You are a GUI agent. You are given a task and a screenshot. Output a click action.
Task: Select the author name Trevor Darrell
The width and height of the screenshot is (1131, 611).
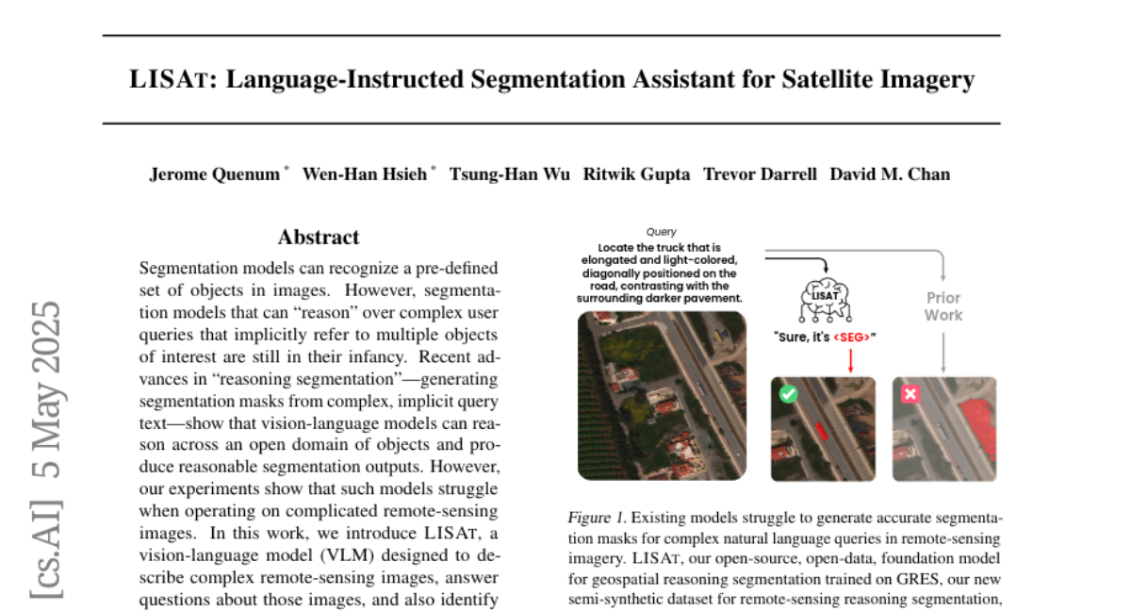(761, 174)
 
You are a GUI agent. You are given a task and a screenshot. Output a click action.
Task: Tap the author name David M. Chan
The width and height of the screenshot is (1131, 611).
(890, 174)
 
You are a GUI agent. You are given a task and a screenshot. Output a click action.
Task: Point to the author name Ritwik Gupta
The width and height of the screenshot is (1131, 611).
(637, 174)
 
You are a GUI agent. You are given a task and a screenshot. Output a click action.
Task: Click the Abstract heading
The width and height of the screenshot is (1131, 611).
(319, 238)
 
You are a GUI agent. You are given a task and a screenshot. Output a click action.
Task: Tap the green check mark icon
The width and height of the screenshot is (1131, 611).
(788, 395)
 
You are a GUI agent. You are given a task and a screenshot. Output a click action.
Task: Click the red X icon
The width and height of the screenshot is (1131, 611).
(910, 395)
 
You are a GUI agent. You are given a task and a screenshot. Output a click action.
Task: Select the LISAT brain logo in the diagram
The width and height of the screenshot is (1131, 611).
(823, 296)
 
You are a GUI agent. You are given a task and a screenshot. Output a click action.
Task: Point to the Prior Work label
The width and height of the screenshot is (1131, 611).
(942, 305)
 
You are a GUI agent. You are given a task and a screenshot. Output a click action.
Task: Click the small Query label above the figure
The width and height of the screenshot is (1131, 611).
(661, 231)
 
